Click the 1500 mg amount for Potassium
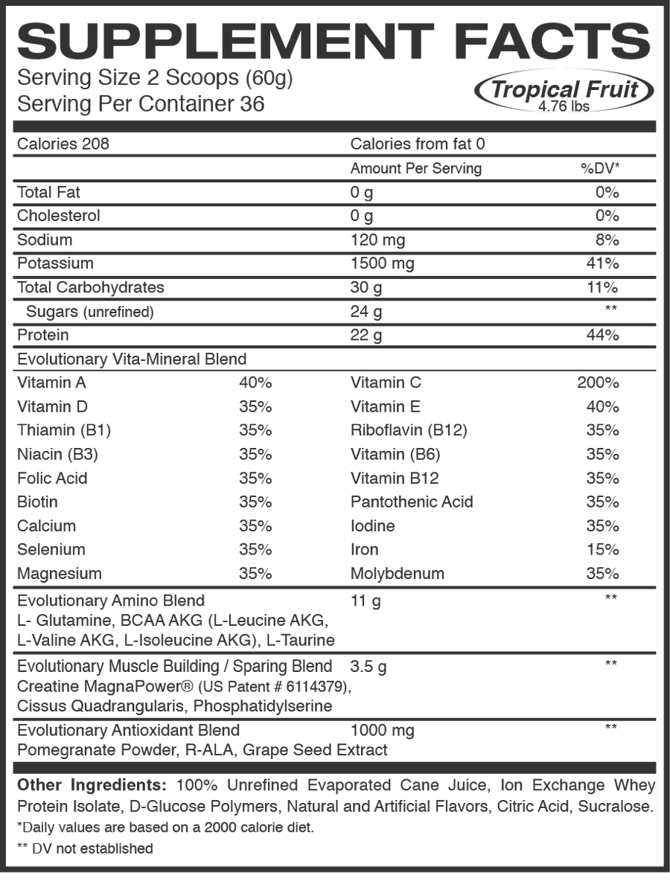coord(382,263)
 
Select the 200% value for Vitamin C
coord(598,383)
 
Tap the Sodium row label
coord(45,240)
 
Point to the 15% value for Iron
coord(602,550)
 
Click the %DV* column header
coord(599,169)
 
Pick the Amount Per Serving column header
coord(416,169)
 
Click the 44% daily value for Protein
coord(602,336)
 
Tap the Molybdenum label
coord(398,574)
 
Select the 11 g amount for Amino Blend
coord(366,601)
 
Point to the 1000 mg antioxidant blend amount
coord(382,730)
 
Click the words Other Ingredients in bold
coord(91,786)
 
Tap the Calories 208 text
coord(63,144)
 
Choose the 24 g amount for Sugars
coord(366,312)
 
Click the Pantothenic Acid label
coord(412,502)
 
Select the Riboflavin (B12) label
coord(409,431)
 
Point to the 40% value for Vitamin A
coord(255,383)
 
